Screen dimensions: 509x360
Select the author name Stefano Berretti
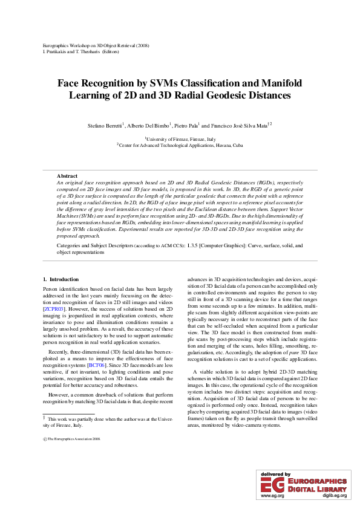(x=105, y=125)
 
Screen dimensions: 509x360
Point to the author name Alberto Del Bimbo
(x=149, y=125)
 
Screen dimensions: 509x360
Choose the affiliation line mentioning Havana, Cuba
(x=180, y=145)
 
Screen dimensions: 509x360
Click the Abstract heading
(x=67, y=175)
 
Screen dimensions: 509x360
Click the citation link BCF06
(x=96, y=348)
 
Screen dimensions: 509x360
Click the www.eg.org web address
(x=272, y=496)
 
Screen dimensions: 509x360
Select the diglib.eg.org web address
(x=335, y=496)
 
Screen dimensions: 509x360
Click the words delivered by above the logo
(x=275, y=475)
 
